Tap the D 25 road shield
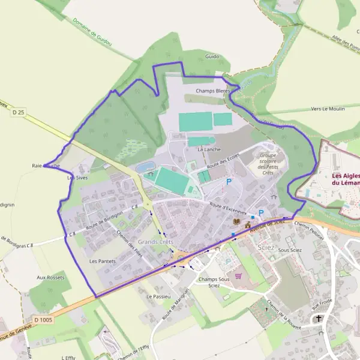(19, 112)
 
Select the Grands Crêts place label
(155, 242)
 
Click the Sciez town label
(266, 247)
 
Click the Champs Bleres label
(212, 91)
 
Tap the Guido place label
(212, 56)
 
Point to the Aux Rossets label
(50, 277)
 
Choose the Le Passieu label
(159, 296)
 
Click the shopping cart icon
(239, 276)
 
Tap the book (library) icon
(235, 223)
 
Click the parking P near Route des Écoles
(228, 182)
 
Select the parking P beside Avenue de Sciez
(261, 212)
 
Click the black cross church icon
(319, 319)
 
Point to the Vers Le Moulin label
(328, 109)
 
